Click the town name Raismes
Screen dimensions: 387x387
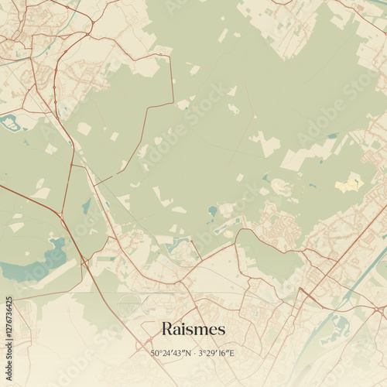(193, 328)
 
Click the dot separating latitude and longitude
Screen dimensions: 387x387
(194, 354)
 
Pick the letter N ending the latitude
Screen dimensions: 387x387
(188, 354)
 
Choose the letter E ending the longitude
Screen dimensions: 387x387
(231, 354)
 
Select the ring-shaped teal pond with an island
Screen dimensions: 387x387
(12, 122)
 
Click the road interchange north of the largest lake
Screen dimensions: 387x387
(60, 212)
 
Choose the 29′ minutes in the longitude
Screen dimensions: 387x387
(212, 354)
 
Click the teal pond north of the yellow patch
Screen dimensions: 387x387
(333, 136)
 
